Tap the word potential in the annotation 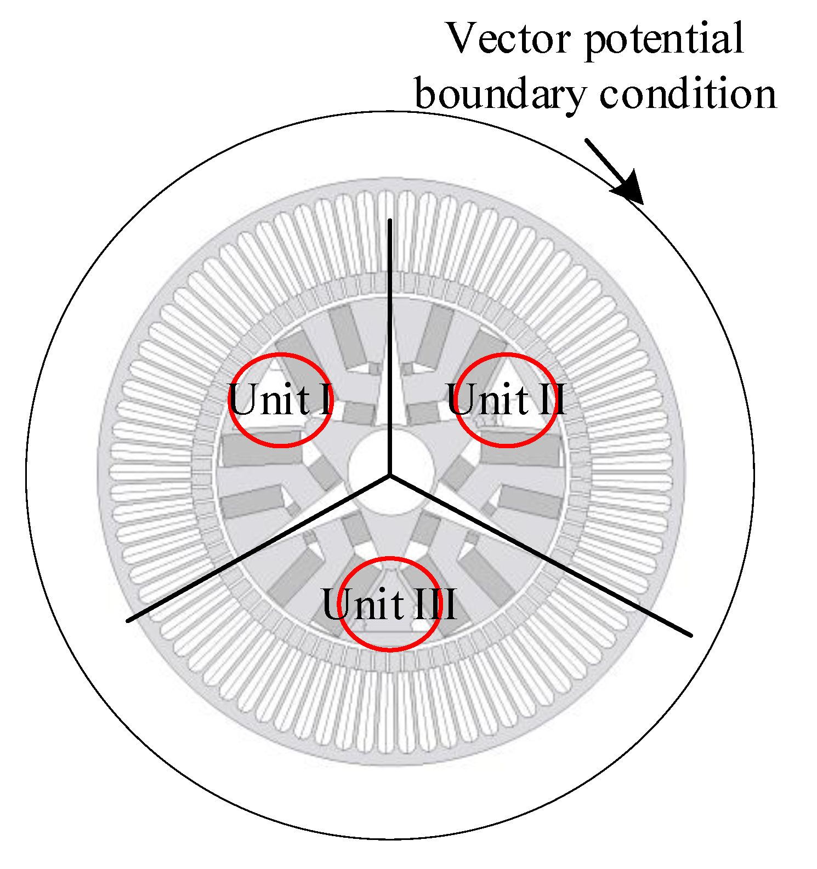tap(664, 39)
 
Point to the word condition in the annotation tap(688, 94)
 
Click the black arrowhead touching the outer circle tap(629, 187)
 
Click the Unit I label tap(280, 399)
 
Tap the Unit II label tap(506, 399)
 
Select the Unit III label tap(389, 604)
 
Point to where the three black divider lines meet tap(390, 475)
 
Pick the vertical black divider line tap(389, 329)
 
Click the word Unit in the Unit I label tap(269, 399)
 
